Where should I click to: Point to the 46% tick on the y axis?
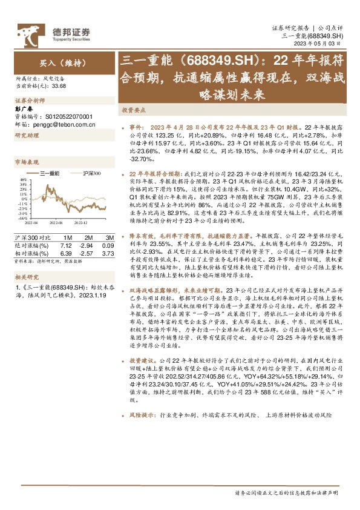click(23, 180)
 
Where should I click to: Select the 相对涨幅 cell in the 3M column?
click(108, 245)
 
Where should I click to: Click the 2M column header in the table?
click(88, 230)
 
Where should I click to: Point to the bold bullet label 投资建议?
click(145, 359)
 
